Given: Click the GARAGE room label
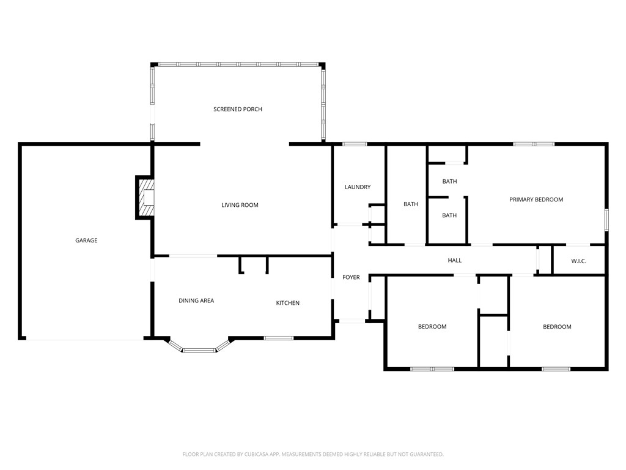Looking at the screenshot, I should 86,241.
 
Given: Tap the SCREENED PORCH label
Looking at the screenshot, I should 238,109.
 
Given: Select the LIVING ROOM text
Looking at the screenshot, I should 240,205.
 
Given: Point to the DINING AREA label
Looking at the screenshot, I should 196,300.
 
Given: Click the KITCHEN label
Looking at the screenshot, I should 287,303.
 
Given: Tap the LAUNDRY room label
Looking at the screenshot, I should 358,187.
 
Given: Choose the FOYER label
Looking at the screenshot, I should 351,277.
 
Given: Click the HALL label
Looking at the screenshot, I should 455,261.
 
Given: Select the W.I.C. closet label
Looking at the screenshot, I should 579,261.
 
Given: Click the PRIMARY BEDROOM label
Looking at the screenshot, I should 536,200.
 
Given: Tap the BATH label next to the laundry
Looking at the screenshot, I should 411,204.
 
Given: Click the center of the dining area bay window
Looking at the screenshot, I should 200,351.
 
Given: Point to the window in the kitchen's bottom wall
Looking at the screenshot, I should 279,338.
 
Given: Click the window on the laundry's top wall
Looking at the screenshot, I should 354,144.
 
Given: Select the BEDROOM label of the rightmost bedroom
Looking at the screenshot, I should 557,327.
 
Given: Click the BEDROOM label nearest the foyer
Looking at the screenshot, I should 432,327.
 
